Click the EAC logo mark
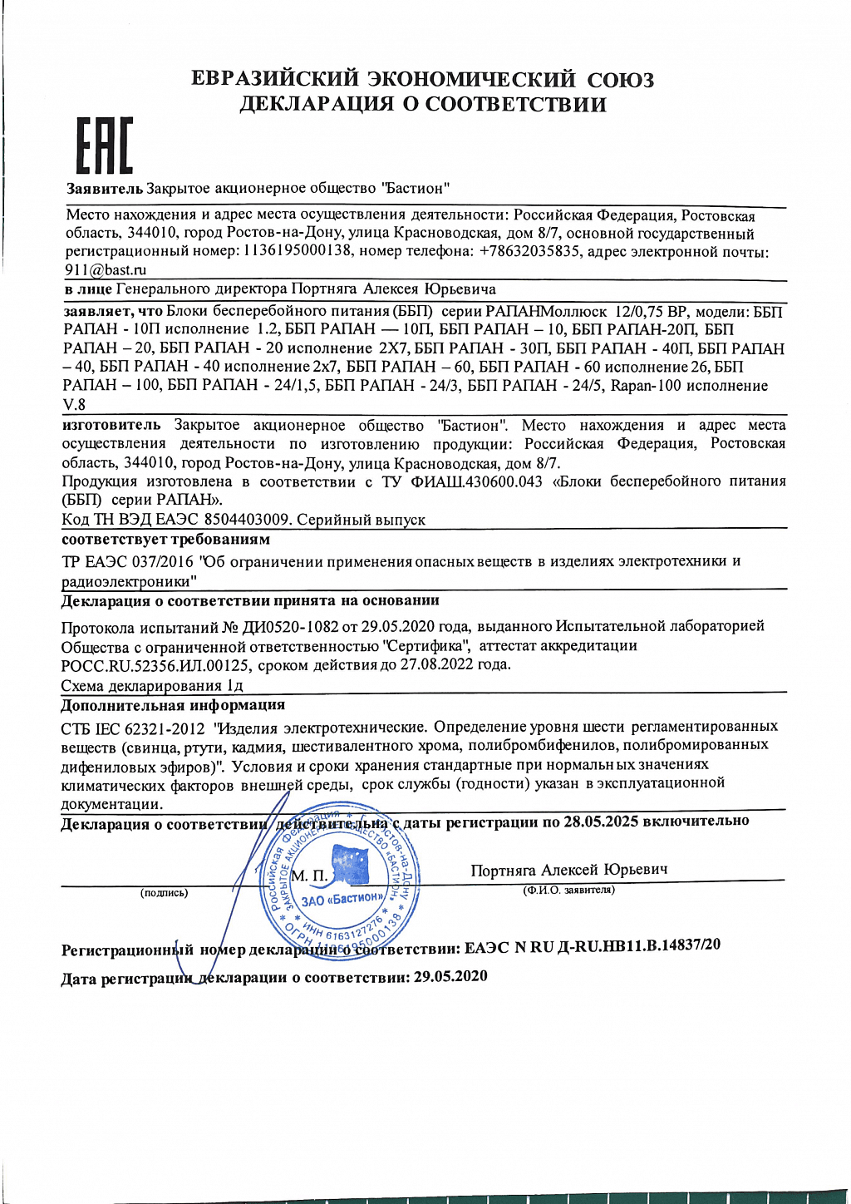coord(104,146)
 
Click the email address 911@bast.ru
coord(106,269)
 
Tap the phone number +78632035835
coord(529,251)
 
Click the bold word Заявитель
coord(105,189)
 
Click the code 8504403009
coord(247,520)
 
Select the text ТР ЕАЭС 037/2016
coord(127,561)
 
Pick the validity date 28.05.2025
coord(601,822)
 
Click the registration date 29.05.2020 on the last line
coord(450,976)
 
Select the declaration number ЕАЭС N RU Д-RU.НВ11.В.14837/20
coord(593,946)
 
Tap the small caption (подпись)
coord(164,893)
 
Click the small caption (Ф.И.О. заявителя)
coord(568,890)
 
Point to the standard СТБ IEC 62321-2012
coord(133,728)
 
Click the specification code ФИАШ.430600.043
coord(476,481)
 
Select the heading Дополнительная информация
coord(173,705)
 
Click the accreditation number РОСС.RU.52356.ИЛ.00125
coord(155,665)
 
